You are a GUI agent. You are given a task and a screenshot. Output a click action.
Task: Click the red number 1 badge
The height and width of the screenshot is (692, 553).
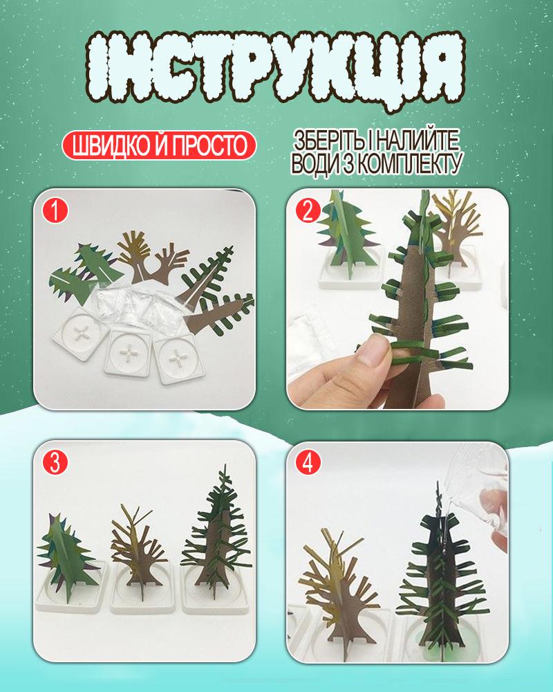pyautogui.click(x=55, y=210)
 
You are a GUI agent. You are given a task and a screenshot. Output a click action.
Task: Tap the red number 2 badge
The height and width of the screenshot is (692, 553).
pyautogui.click(x=308, y=210)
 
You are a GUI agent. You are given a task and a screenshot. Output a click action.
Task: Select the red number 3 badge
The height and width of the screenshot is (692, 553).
pyautogui.click(x=55, y=463)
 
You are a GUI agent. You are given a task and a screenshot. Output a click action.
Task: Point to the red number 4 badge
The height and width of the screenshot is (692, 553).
pyautogui.click(x=308, y=463)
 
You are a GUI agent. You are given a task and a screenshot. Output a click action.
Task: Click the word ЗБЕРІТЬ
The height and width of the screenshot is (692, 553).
pyautogui.click(x=329, y=140)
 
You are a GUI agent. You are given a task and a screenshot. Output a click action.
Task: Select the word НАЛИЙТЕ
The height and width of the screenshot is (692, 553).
pyautogui.click(x=418, y=140)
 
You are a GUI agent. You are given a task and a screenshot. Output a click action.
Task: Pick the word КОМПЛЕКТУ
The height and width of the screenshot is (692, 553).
pyautogui.click(x=408, y=163)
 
